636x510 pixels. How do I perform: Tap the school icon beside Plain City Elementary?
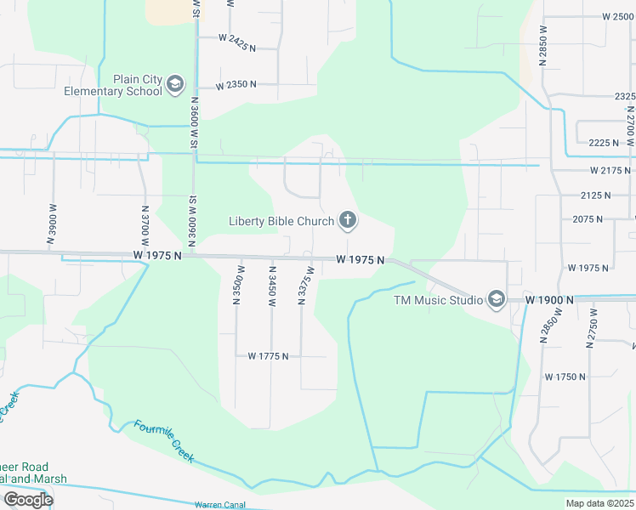tap(175, 83)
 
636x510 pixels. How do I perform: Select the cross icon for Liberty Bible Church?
tap(347, 221)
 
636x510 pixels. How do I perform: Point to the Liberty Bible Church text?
tap(281, 222)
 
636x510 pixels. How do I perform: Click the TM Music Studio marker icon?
tap(496, 299)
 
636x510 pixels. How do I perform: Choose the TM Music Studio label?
tap(438, 300)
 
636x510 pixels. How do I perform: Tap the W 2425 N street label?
tap(236, 38)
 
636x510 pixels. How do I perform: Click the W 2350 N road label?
tap(236, 86)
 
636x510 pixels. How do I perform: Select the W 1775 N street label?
tap(269, 356)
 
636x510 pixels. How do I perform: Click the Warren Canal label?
tap(220, 504)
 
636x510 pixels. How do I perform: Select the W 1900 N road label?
tap(549, 300)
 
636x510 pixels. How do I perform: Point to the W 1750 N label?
tap(565, 377)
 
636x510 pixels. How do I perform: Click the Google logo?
tap(28, 499)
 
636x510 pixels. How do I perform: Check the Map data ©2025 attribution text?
tap(599, 503)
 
